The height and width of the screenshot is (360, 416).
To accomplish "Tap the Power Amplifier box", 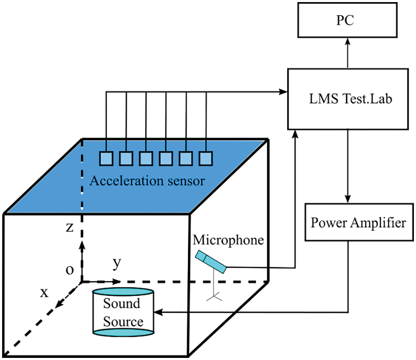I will coord(358,222).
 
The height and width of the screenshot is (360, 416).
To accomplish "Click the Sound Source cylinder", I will coord(123,312).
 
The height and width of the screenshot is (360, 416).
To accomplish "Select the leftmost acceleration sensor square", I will coord(106,158).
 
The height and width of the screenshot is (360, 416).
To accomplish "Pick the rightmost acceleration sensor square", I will coord(206,158).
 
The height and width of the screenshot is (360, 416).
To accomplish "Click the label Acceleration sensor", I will coord(147,181).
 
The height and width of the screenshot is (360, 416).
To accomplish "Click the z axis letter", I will coord(70,227).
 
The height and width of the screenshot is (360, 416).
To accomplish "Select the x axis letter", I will coord(44,293).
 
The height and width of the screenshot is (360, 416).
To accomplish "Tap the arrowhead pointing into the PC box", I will coord(348,41).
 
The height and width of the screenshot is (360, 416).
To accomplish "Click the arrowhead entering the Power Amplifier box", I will coord(348,200).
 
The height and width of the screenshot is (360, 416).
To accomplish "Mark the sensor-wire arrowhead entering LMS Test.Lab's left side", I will coord(284,91).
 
